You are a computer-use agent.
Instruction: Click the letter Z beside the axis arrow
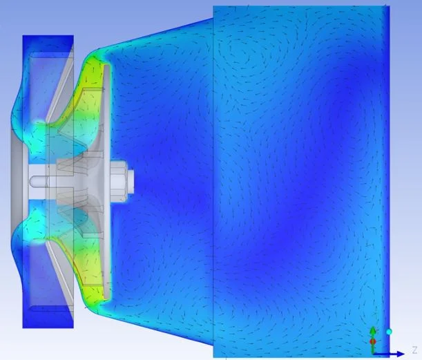tap(414, 350)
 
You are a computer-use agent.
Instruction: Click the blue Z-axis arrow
tap(389, 354)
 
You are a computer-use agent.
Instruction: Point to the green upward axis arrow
tap(373, 339)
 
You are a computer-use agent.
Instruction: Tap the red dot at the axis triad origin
tap(373, 342)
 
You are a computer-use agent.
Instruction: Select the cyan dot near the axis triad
tap(389, 332)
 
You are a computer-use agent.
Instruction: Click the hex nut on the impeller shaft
tap(118, 181)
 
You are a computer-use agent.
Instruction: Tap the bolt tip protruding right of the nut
tap(131, 181)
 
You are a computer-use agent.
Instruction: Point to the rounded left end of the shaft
tap(33, 181)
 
